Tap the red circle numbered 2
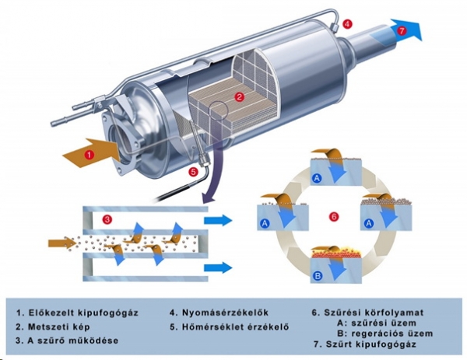point(241,97)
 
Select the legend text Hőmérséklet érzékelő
point(226,327)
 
